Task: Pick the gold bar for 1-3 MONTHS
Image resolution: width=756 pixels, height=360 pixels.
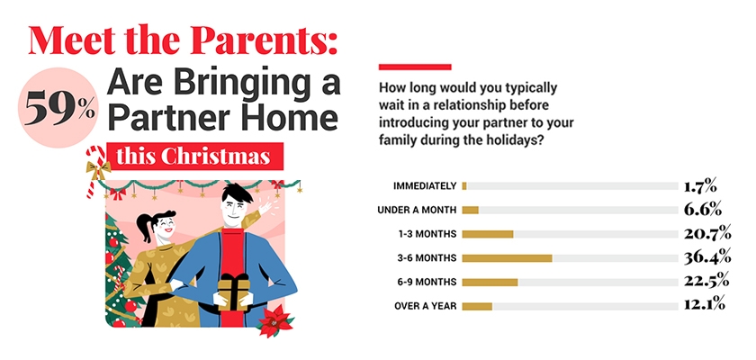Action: [x=487, y=234]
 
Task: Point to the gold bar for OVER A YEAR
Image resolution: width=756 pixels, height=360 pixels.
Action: [x=476, y=306]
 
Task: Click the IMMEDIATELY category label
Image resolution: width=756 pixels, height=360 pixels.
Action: [x=424, y=186]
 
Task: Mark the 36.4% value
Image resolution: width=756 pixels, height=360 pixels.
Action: [x=703, y=258]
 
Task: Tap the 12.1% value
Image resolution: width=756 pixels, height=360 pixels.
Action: [x=703, y=306]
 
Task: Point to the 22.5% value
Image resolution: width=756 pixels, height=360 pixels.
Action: [x=703, y=282]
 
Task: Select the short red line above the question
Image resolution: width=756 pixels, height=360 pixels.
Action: [x=414, y=67]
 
